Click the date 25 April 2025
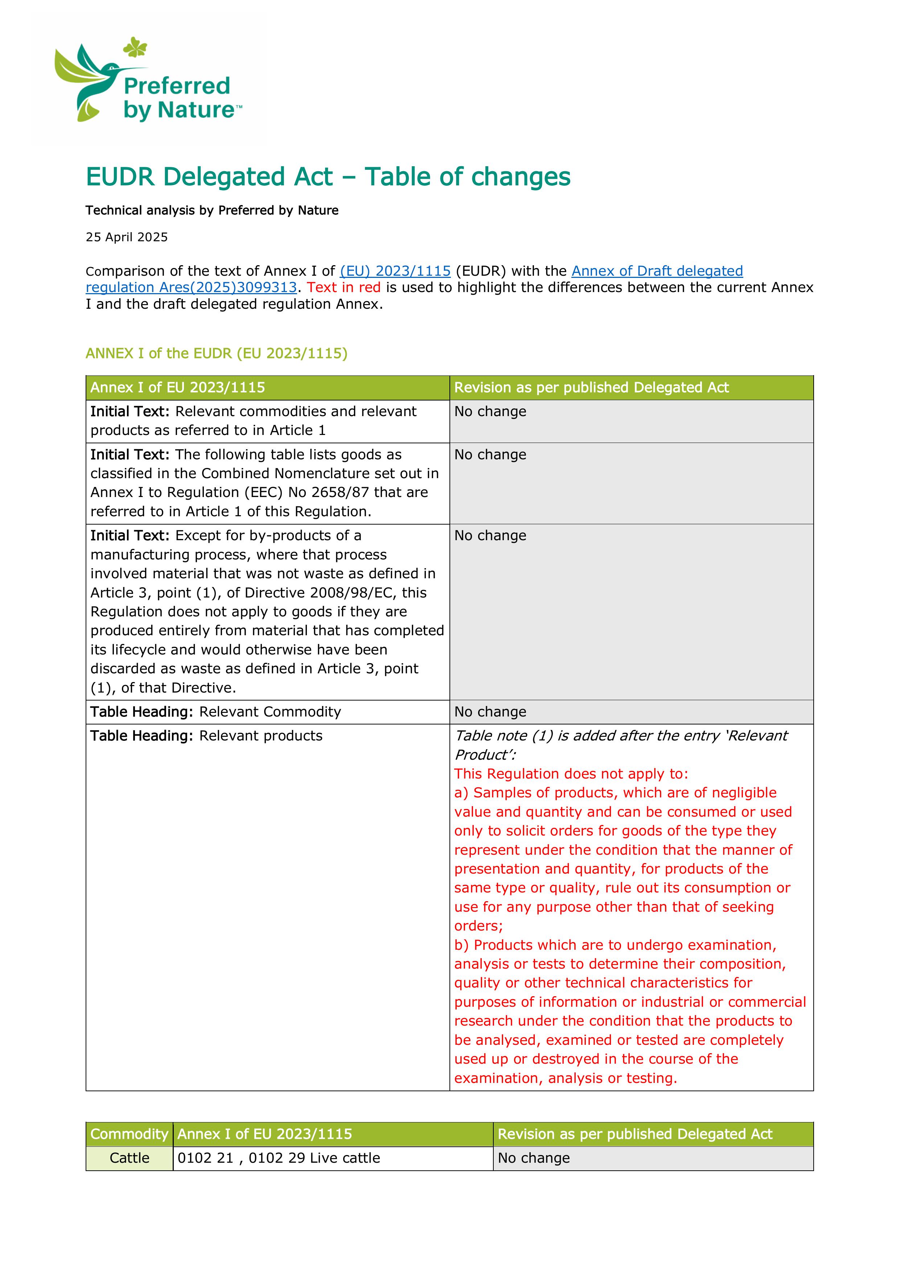127,237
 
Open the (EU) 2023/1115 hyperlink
395,271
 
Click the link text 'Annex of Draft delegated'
657,271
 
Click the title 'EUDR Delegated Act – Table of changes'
328,177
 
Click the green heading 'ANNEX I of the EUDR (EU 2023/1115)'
216,354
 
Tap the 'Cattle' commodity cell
129,1158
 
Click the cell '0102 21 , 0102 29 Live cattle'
278,1158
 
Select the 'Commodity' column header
129,1134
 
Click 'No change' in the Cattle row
534,1158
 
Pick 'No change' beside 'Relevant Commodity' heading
490,712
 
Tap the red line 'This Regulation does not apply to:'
571,774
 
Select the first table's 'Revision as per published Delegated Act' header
591,387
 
